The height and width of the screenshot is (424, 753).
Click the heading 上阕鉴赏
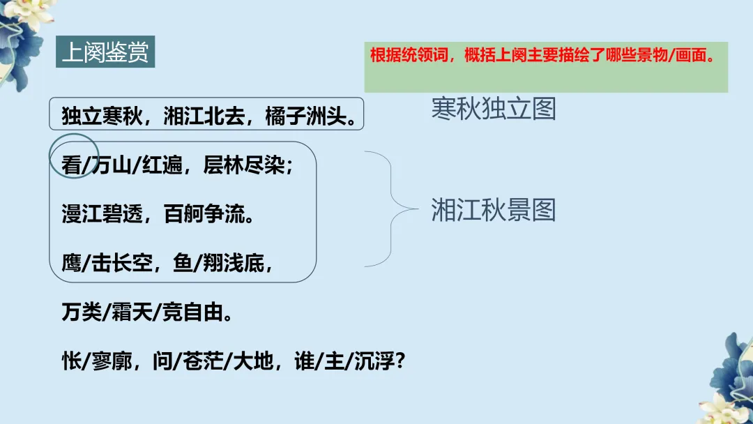coord(105,54)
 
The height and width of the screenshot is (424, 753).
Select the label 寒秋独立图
coord(494,109)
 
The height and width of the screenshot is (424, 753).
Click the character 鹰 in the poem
coord(70,264)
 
